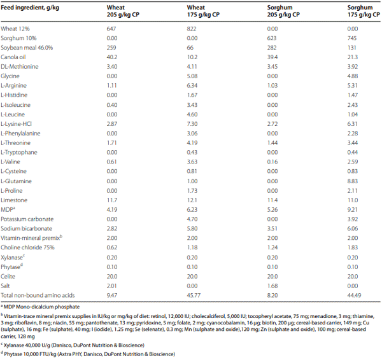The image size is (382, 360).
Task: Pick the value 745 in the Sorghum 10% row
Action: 353,38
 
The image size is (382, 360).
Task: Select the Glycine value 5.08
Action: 194,74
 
